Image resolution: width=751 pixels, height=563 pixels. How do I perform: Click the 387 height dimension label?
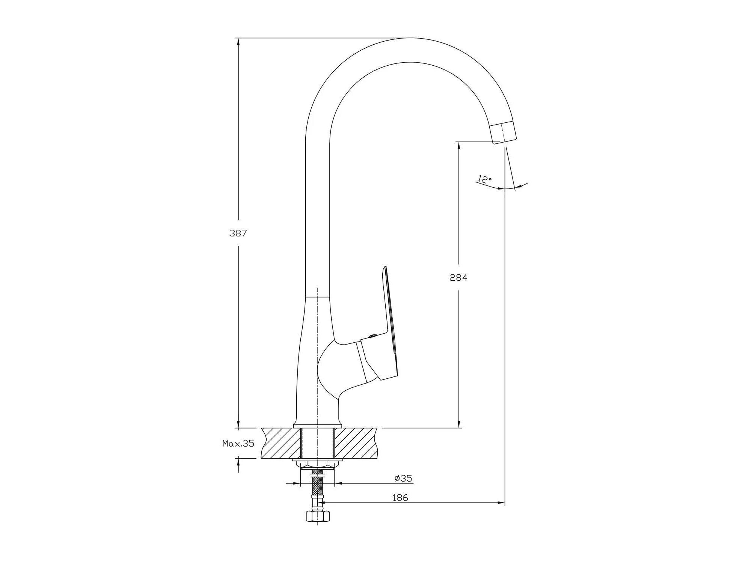pyautogui.click(x=238, y=233)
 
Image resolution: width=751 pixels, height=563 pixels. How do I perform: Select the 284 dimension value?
pyautogui.click(x=458, y=278)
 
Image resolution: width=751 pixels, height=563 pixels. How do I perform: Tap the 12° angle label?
pyautogui.click(x=484, y=179)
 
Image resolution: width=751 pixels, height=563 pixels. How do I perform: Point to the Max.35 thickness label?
pyautogui.click(x=238, y=444)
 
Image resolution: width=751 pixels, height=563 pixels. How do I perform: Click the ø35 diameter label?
pyautogui.click(x=403, y=479)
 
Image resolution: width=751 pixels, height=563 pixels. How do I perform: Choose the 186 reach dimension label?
pyautogui.click(x=400, y=498)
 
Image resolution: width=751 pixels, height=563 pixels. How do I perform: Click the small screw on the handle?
pyautogui.click(x=372, y=336)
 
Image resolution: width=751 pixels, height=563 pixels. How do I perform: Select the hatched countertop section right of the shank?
pyautogui.click(x=355, y=443)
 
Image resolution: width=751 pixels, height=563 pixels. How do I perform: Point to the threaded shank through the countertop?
pyautogui.click(x=318, y=443)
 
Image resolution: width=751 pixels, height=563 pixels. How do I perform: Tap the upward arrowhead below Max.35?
pyautogui.click(x=238, y=463)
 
